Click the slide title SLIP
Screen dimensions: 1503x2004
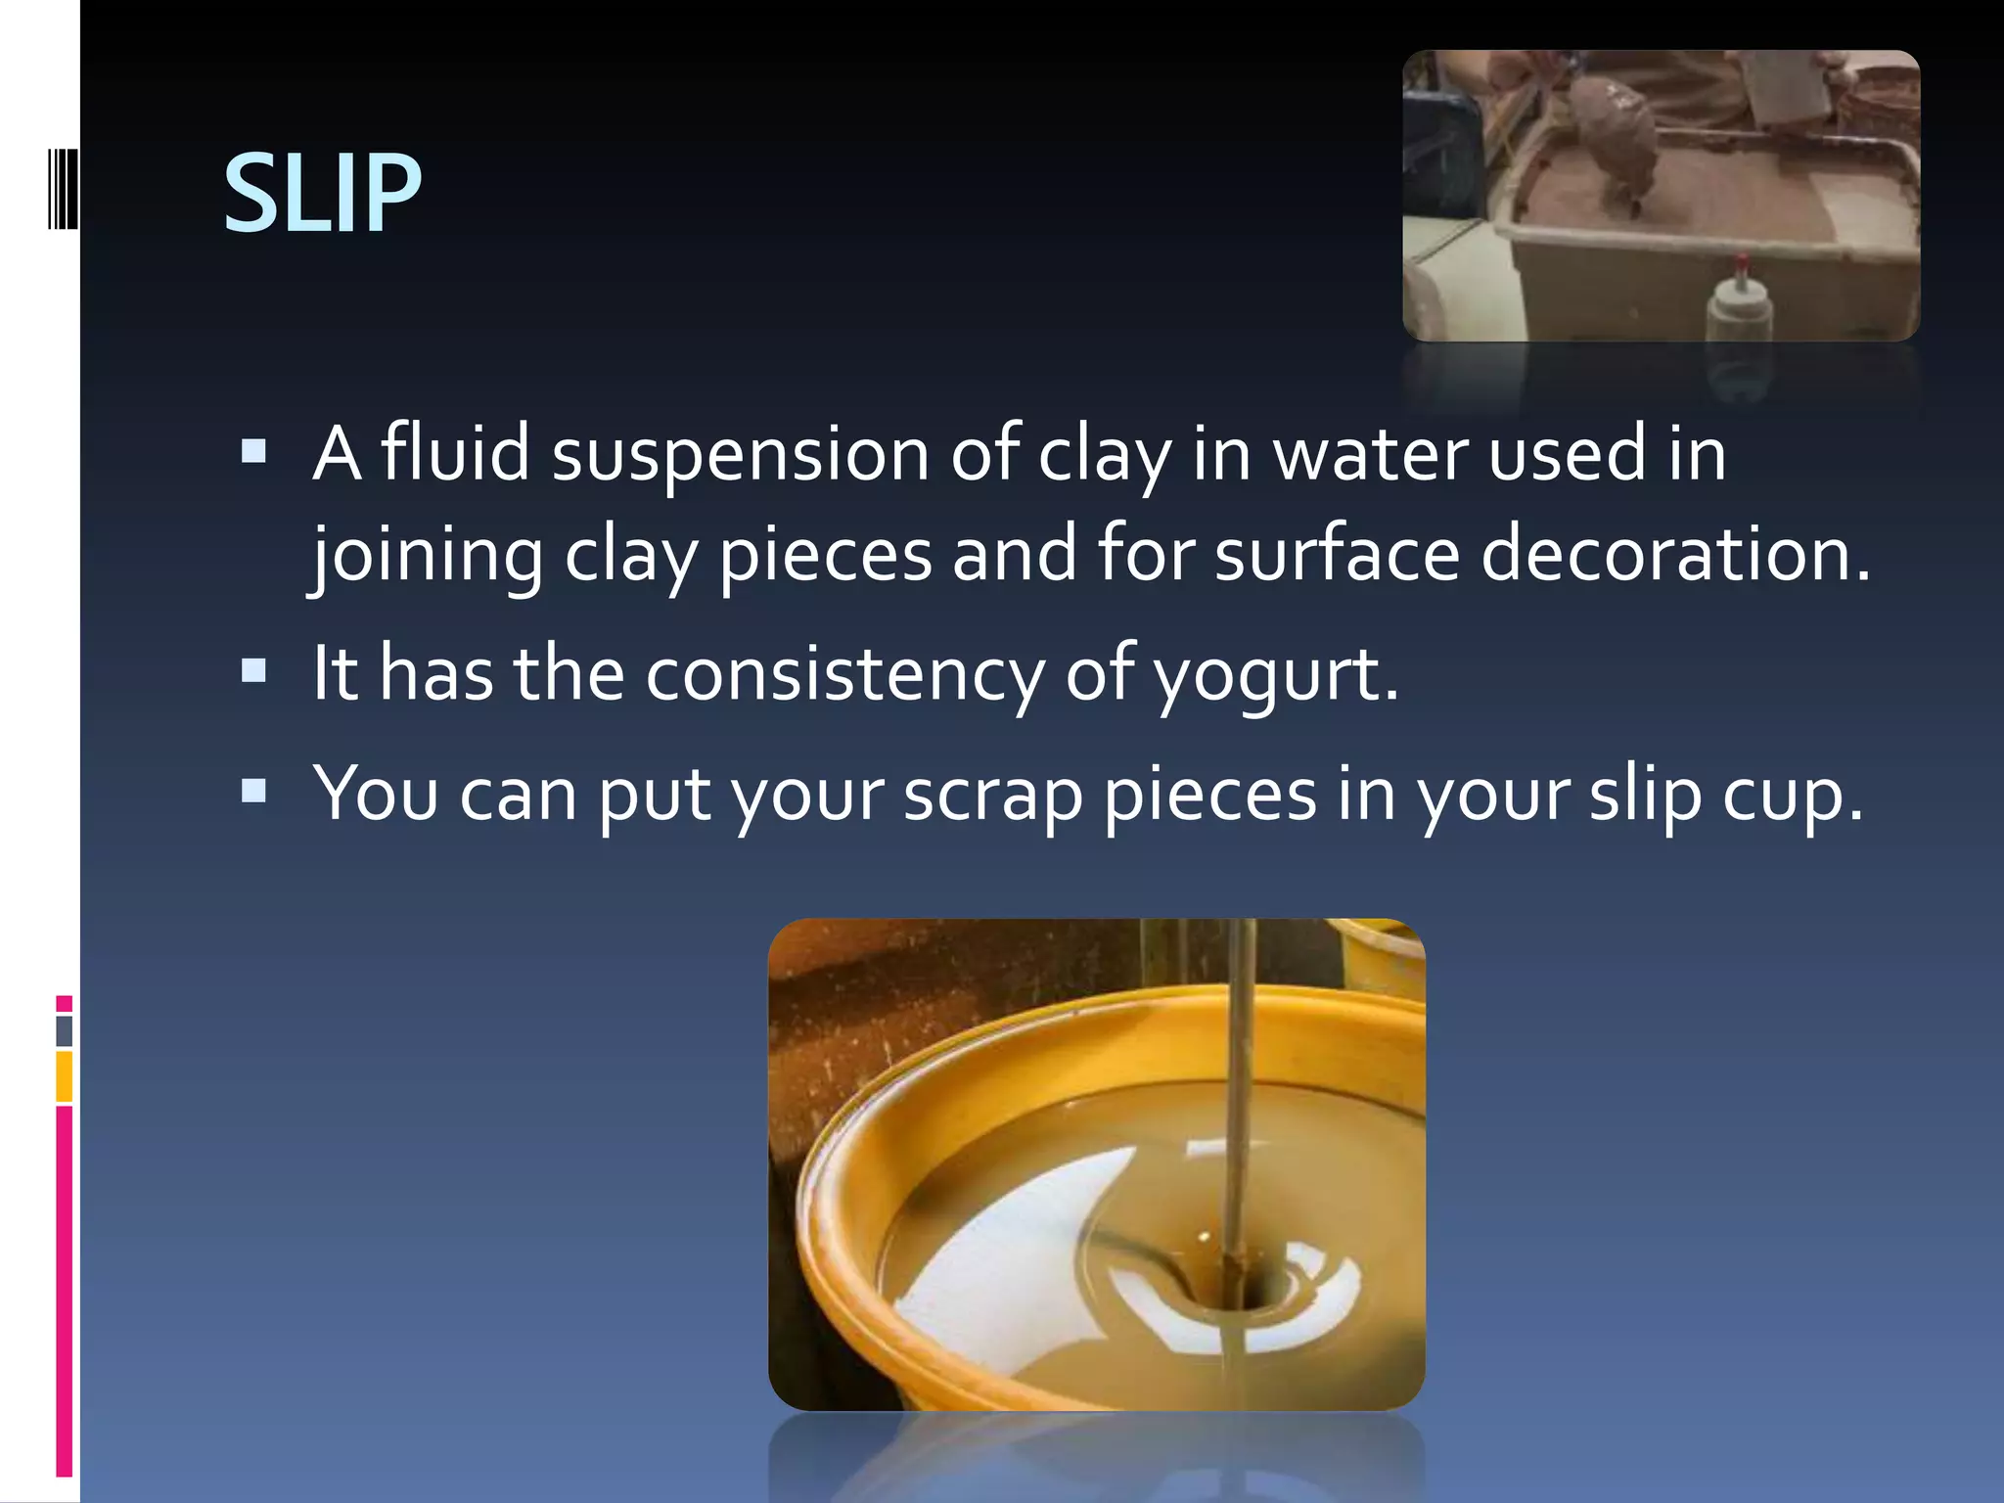(322, 194)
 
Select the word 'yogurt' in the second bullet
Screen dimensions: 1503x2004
(1276, 674)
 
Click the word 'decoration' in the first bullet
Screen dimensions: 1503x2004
(1673, 554)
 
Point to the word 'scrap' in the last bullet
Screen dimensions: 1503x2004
(992, 795)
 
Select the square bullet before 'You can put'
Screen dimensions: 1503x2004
(253, 790)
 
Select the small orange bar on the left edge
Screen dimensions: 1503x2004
(65, 1075)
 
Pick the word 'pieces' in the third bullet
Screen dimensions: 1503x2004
(1210, 795)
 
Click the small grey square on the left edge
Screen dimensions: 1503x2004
(65, 1030)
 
